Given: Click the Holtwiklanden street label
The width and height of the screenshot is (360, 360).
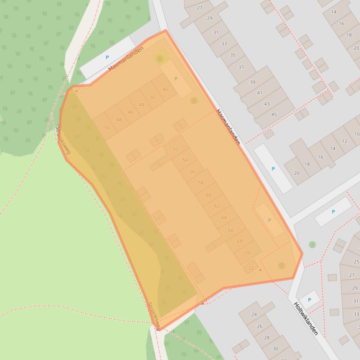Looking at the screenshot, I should click(x=306, y=318).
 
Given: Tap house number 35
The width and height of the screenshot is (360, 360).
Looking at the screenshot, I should click(x=232, y=55).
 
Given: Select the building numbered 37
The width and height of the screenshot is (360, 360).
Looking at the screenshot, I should click(x=241, y=67).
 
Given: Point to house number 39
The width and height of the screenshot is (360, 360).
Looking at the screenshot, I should click(x=253, y=82).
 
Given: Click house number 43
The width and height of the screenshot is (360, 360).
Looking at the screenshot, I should click(x=267, y=104).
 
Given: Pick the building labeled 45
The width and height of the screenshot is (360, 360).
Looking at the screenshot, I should click(x=274, y=115).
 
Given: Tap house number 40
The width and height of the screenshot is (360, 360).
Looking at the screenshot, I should click(x=165, y=89).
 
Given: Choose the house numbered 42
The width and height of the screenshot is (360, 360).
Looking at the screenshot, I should click(x=153, y=97).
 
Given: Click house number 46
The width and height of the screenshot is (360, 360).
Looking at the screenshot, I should click(x=131, y=112).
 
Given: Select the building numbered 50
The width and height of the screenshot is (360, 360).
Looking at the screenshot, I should click(x=107, y=128).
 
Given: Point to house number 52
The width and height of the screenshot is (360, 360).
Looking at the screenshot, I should click(x=176, y=149).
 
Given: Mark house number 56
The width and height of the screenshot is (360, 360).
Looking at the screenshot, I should click(x=192, y=172).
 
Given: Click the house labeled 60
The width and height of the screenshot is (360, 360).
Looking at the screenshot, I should click(x=208, y=195).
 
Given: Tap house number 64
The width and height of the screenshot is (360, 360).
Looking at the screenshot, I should click(x=224, y=217).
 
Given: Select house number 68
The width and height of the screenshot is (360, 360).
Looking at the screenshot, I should click(x=240, y=241).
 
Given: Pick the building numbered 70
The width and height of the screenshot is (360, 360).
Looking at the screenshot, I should click(x=248, y=253).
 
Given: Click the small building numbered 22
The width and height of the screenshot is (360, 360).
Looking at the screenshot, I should click(x=251, y=268).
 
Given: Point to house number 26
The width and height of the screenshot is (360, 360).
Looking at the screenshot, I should click(x=260, y=326).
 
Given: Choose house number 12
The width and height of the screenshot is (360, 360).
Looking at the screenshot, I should click(x=345, y=141).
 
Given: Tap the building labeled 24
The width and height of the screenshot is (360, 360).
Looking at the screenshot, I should click(x=254, y=315).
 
